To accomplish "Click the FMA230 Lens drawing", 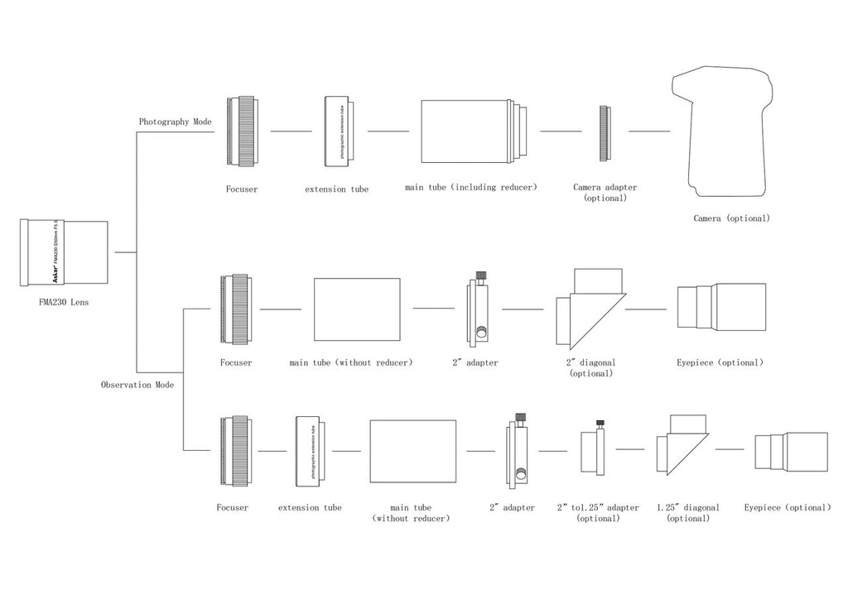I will [x=65, y=251].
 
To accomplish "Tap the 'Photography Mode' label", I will [x=175, y=122].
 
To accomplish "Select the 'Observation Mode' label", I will [x=137, y=385].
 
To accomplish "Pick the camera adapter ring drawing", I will [x=605, y=132].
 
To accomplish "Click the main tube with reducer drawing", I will [x=470, y=132].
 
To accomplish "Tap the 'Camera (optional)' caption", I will [x=731, y=218].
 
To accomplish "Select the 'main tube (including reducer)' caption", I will [x=470, y=187].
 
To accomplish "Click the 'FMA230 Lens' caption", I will [x=64, y=303].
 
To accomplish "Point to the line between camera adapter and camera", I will [x=649, y=132].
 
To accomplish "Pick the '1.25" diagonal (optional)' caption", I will [x=687, y=513].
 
